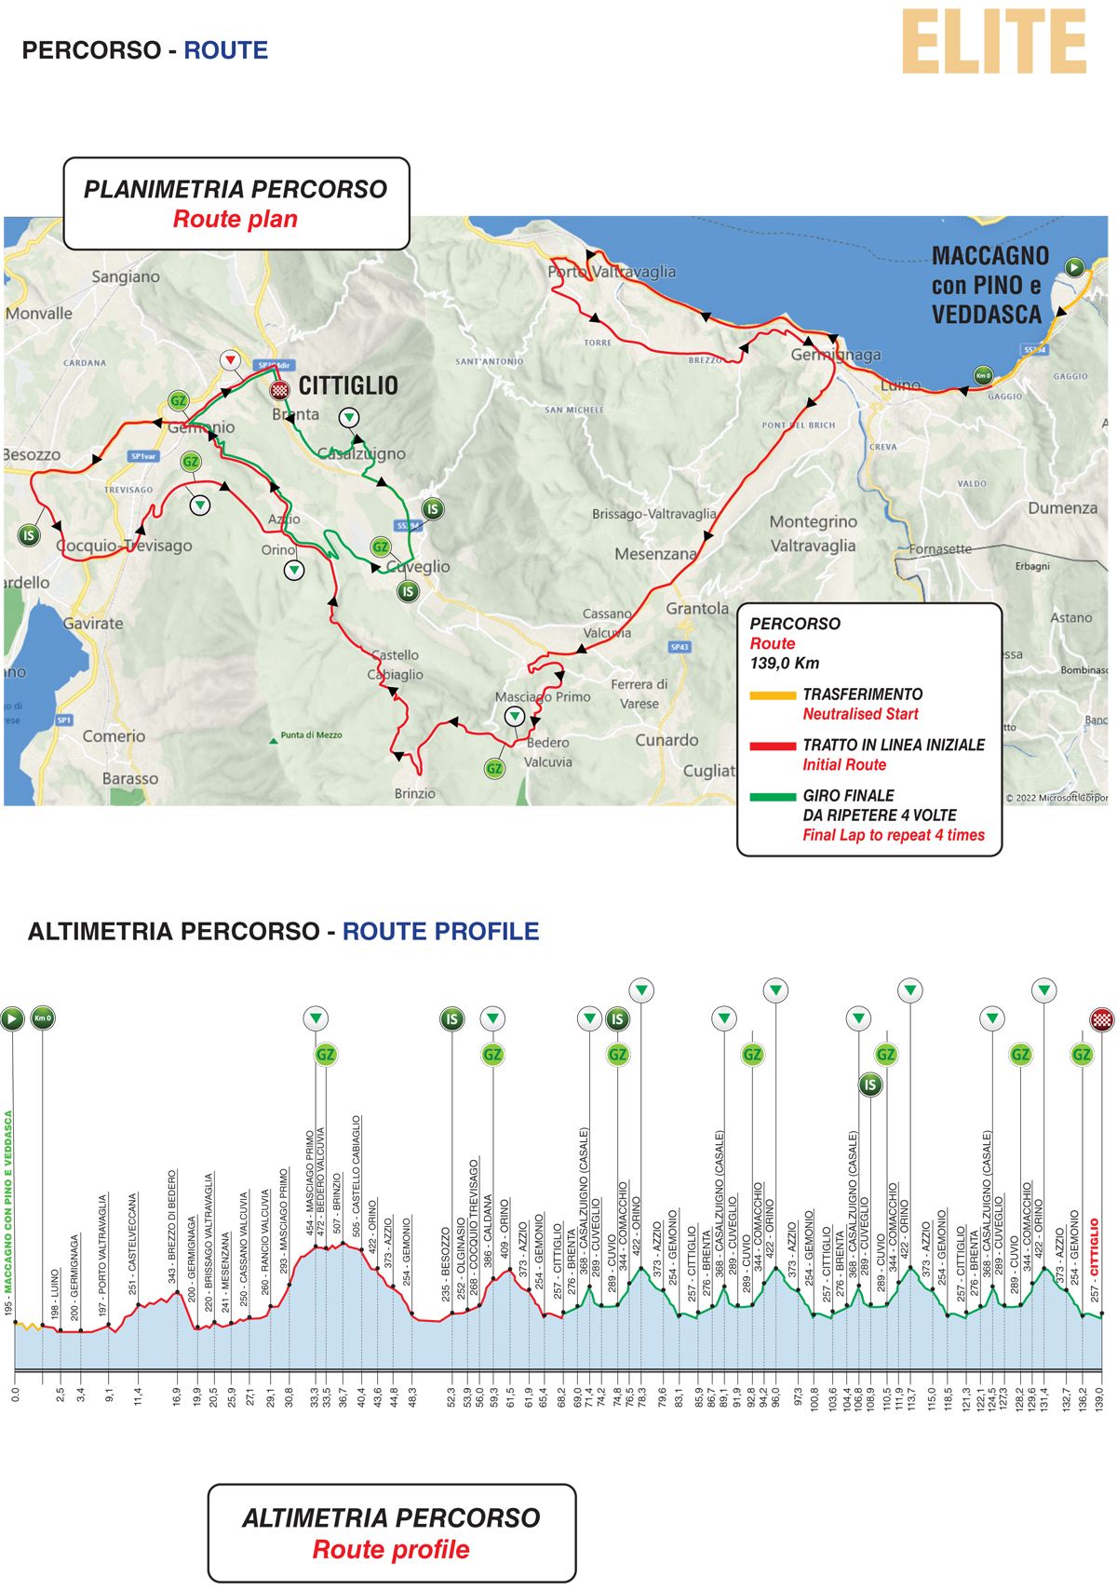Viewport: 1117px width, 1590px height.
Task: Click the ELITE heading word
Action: point(993,42)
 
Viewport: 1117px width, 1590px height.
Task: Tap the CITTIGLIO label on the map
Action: point(348,385)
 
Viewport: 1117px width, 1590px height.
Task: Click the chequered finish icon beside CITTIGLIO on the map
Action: point(279,390)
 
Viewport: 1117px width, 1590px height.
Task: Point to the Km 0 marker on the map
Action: point(983,375)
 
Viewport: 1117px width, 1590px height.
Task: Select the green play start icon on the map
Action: point(1074,268)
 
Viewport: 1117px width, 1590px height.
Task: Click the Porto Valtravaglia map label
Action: point(612,272)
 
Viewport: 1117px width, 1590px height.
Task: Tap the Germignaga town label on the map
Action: point(835,355)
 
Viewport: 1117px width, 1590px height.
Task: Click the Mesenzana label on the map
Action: point(655,554)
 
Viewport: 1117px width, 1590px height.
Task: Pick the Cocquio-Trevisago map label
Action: point(125,546)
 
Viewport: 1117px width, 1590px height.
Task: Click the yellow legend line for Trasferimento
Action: point(772,694)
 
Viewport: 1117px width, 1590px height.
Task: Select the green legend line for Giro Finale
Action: point(772,797)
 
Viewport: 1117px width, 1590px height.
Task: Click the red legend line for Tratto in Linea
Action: point(772,746)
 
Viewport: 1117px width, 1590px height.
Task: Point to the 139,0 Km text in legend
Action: point(784,663)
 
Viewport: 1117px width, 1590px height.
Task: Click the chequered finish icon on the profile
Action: point(1102,1018)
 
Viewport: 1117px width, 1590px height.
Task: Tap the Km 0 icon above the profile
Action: point(43,1018)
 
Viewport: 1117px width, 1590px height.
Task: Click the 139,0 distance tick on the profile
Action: point(1098,1395)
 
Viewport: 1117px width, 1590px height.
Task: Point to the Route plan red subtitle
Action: point(236,220)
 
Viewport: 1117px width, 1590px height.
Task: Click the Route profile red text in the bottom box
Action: point(391,1550)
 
